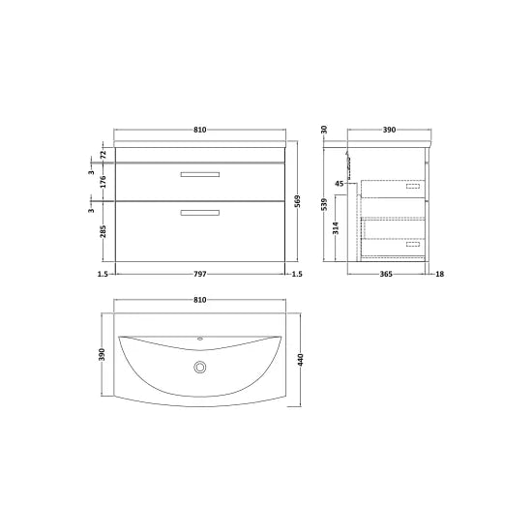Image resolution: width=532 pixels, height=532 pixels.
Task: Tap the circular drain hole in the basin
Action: click(201, 367)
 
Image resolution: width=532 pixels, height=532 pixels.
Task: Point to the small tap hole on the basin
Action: click(201, 340)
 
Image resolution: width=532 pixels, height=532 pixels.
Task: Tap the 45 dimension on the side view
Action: click(340, 184)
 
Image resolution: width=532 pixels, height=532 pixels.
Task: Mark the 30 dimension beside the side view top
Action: click(325, 130)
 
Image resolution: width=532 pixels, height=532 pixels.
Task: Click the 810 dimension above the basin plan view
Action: click(200, 300)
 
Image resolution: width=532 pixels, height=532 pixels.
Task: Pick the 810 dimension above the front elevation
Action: click(200, 130)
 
